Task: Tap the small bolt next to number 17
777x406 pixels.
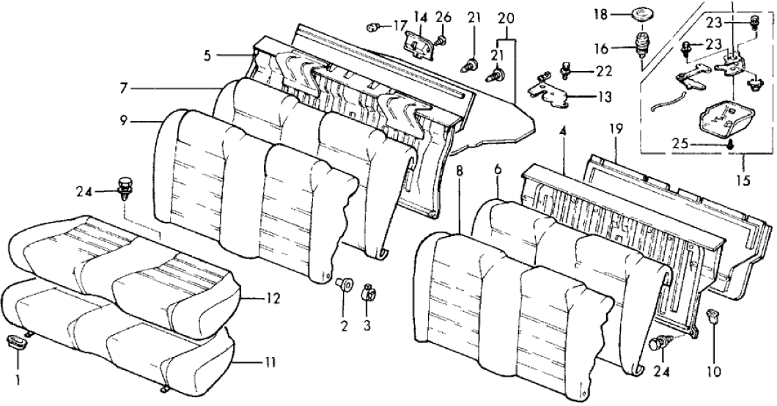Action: point(374,27)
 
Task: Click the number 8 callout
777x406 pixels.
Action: point(460,173)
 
